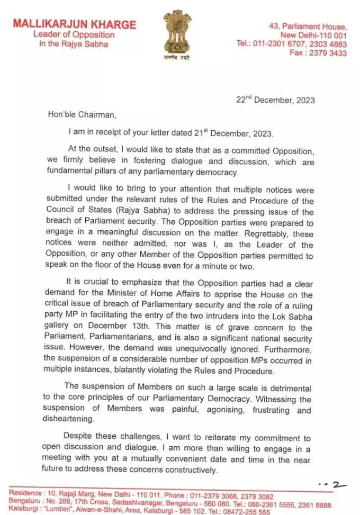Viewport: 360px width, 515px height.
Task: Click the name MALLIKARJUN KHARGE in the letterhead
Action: click(75, 24)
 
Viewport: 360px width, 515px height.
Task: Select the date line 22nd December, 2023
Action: click(276, 101)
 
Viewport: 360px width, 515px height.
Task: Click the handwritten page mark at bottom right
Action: click(332, 484)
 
